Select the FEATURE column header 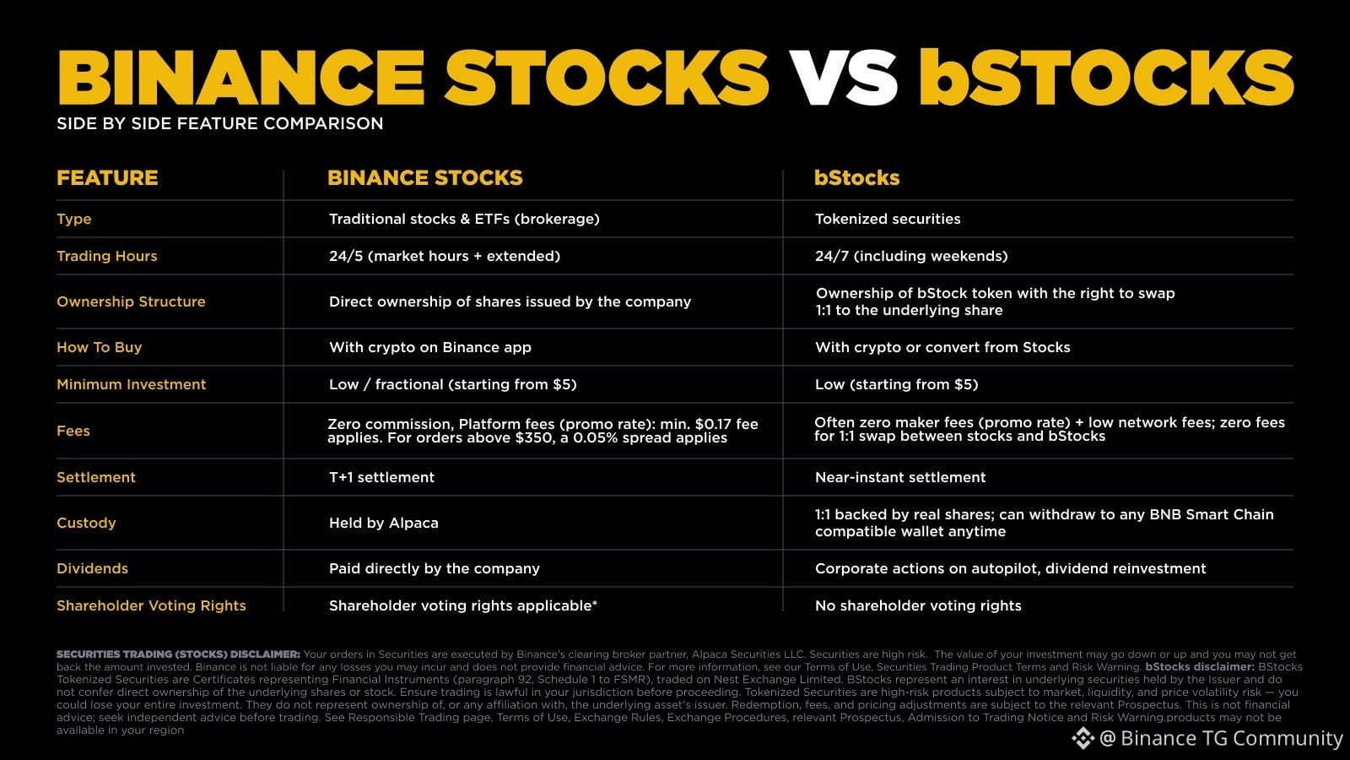(x=107, y=178)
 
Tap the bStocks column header (x=856, y=178)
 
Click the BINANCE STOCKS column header (x=425, y=178)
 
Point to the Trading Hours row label (x=106, y=256)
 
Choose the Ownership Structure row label (x=131, y=301)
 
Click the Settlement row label (x=96, y=477)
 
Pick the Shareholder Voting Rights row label (x=151, y=605)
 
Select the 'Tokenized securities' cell (x=888, y=219)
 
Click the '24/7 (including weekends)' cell (x=911, y=256)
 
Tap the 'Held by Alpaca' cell (x=383, y=523)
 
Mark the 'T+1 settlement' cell (x=381, y=477)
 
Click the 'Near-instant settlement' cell (x=900, y=477)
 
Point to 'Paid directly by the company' (x=434, y=568)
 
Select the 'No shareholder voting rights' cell (x=918, y=605)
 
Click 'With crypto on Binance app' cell (x=429, y=347)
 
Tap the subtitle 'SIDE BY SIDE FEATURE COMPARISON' (x=220, y=123)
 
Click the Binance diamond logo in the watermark (x=1083, y=738)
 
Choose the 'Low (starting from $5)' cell (x=896, y=384)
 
